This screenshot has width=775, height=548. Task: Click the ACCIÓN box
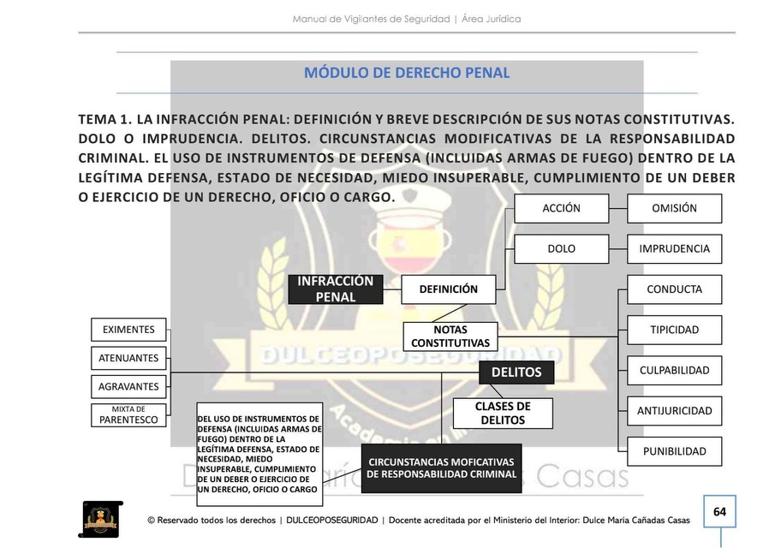[x=561, y=208]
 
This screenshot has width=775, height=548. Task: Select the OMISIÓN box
[x=674, y=208]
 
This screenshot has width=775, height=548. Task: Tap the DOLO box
[x=561, y=249]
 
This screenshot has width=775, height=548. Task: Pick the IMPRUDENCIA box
[x=674, y=249]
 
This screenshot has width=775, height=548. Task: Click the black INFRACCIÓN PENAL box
[x=335, y=289]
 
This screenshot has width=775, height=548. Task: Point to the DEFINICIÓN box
[x=448, y=289]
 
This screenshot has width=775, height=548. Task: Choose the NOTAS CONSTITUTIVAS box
[x=450, y=336]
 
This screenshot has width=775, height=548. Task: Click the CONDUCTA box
[x=674, y=289]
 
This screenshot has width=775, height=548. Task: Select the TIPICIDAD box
[x=674, y=330]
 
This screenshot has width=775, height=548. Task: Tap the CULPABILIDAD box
[x=674, y=371]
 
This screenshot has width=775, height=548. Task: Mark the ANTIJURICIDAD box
[x=674, y=411]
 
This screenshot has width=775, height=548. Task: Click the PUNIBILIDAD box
[x=674, y=451]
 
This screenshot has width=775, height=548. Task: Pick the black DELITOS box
[x=516, y=372]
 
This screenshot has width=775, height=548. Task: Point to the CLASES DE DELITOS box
[x=503, y=413]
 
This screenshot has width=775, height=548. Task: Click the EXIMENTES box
[x=128, y=330]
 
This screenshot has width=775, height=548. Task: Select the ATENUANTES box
[x=128, y=358]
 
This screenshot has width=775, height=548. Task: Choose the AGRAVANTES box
[x=128, y=386]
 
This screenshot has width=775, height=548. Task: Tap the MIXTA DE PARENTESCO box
[x=128, y=415]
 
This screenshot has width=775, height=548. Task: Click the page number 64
[x=719, y=512]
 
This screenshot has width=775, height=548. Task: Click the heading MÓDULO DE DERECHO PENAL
[x=407, y=73]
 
